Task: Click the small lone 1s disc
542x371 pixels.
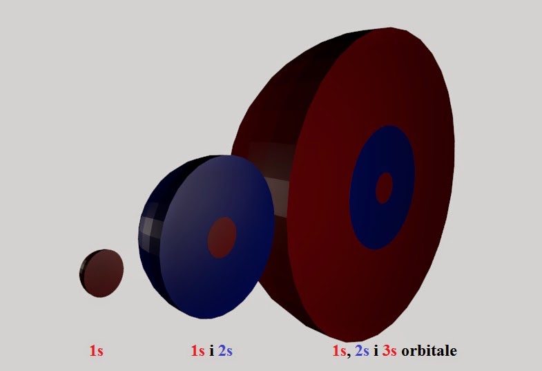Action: (x=101, y=273)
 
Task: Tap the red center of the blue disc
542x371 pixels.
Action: (x=222, y=238)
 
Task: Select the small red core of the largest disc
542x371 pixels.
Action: (x=384, y=188)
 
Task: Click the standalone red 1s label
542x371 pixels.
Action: (x=97, y=350)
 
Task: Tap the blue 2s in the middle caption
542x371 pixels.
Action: (x=225, y=350)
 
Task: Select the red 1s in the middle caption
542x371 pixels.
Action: (x=197, y=350)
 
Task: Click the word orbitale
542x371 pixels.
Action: (x=429, y=350)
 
